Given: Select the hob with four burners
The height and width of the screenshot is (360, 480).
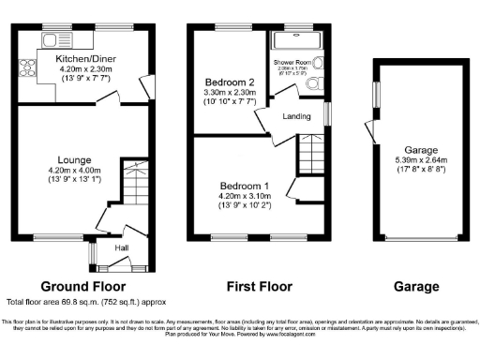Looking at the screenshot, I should click(x=25, y=67).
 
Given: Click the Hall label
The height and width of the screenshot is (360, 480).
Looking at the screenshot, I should click(x=122, y=247).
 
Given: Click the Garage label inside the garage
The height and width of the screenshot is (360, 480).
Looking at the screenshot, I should click(x=421, y=149).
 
